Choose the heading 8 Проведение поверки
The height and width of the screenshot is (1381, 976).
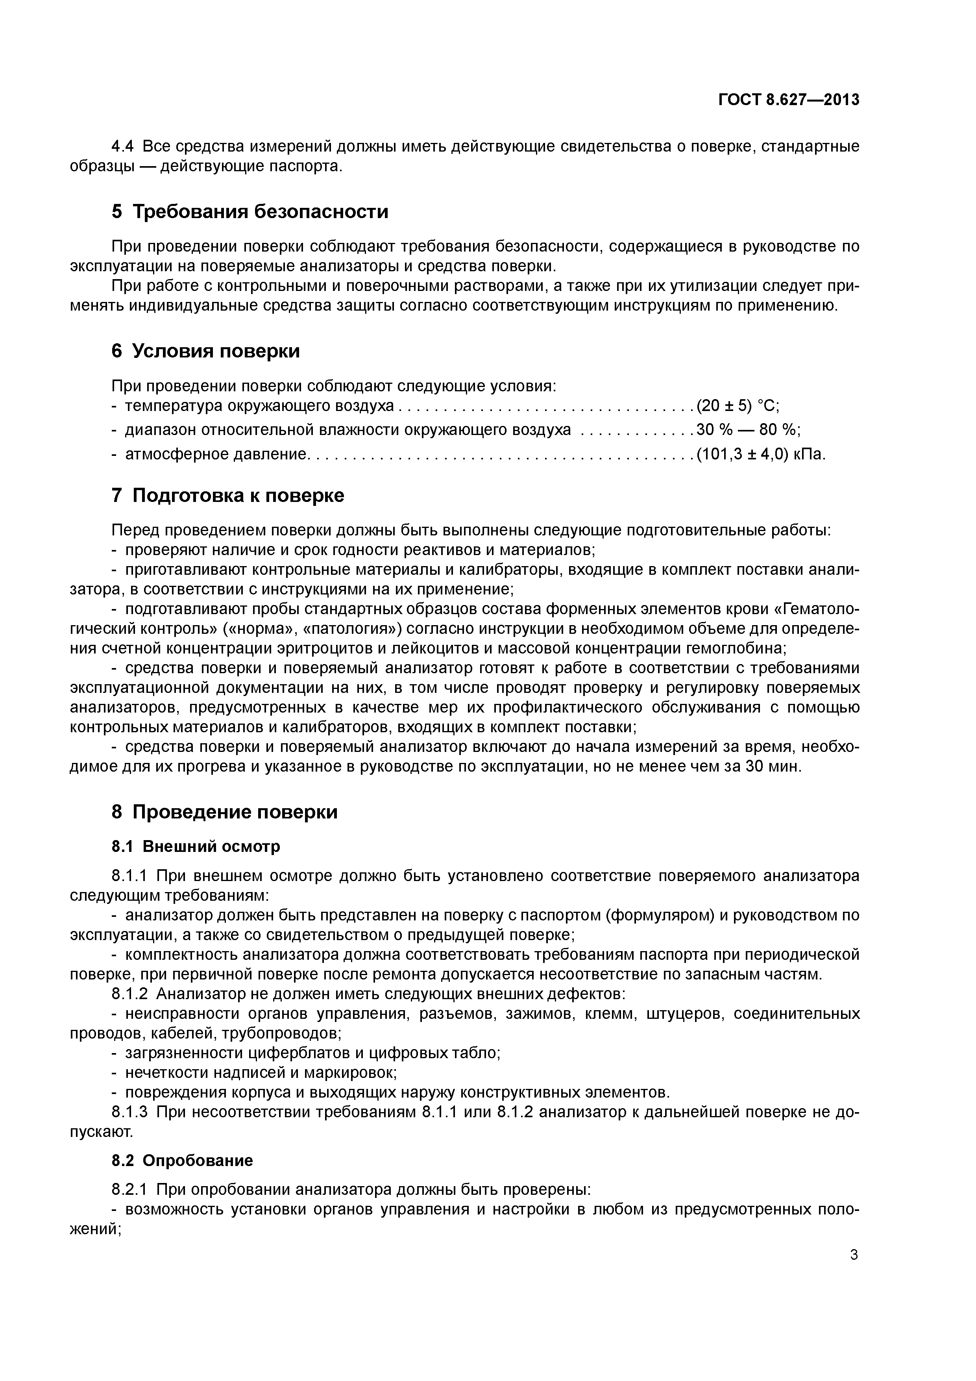[224, 812]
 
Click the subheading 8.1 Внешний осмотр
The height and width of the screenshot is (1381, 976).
[196, 846]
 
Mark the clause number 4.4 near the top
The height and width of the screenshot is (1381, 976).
[123, 146]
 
